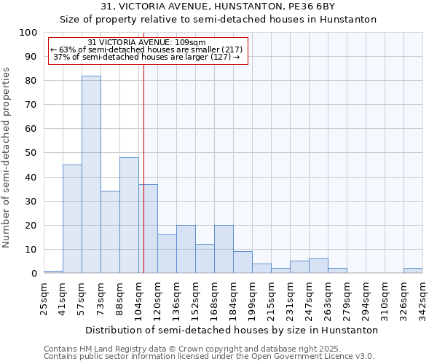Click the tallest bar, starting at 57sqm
click(91, 175)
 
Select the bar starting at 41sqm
click(72, 218)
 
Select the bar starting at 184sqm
click(243, 262)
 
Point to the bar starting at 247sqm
click(318, 266)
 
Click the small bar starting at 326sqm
click(413, 270)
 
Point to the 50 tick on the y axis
click(31, 153)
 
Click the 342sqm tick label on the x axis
click(422, 297)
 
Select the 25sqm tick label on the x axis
click(44, 297)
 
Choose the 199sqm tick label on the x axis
click(252, 297)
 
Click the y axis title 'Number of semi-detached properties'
click(7, 157)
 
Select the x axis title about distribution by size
click(231, 330)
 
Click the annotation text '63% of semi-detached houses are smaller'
click(148, 50)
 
